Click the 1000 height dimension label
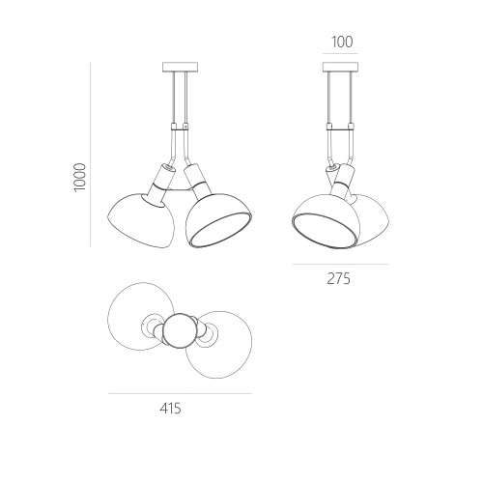(x=80, y=178)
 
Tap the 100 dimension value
(x=342, y=43)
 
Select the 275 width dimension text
(x=338, y=279)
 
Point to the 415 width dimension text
(x=170, y=409)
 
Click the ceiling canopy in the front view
(x=180, y=67)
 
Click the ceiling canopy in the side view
(x=340, y=67)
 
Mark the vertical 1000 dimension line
(x=91, y=155)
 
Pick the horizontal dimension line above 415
(x=180, y=393)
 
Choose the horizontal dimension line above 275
(x=340, y=265)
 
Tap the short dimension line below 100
(x=340, y=53)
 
